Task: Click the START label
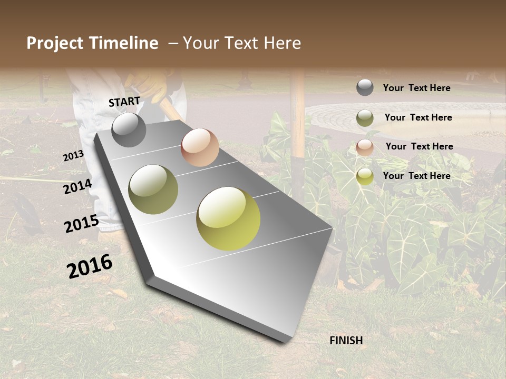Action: (124, 102)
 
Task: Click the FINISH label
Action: (346, 341)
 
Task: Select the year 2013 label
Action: (73, 156)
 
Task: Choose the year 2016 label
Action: (90, 266)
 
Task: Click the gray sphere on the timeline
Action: (129, 129)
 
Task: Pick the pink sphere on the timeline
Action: (200, 147)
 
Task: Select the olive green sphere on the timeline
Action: (153, 189)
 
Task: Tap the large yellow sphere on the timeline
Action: (228, 218)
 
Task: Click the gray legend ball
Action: (365, 87)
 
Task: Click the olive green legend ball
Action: (365, 118)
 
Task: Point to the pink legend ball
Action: (365, 147)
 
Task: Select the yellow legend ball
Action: (365, 176)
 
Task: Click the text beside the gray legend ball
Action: (416, 88)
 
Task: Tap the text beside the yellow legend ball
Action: (416, 176)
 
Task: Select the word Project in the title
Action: (55, 43)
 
